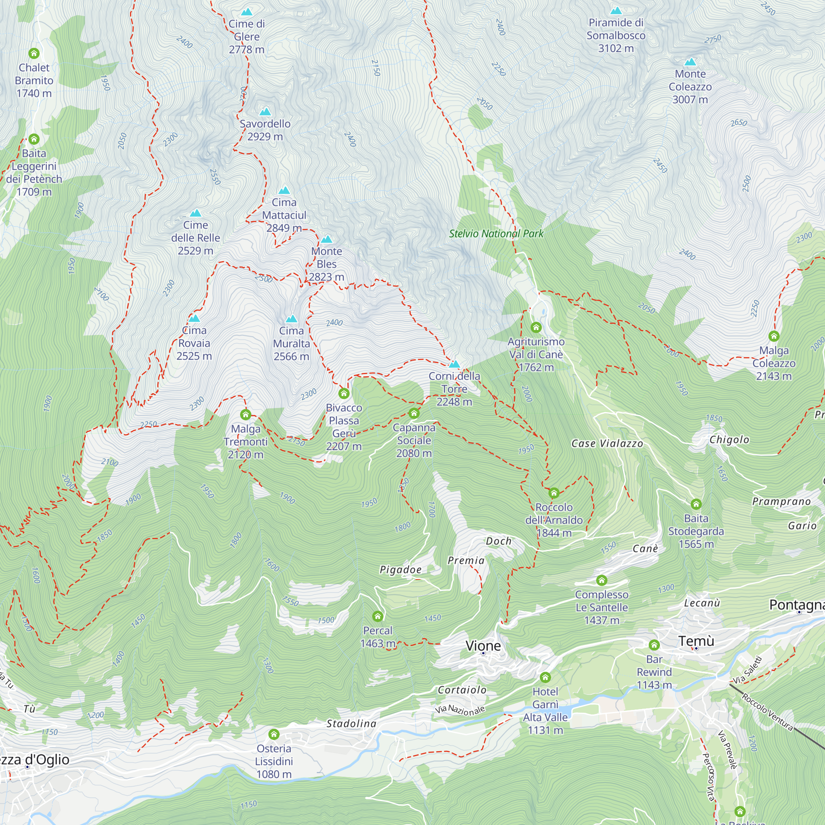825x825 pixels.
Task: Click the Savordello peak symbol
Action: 265,112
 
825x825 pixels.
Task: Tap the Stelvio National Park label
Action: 496,233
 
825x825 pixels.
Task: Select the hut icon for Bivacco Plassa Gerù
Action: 344,393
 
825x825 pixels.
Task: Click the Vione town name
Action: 483,646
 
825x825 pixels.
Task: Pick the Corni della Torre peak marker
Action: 454,364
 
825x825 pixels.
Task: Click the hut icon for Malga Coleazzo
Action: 774,336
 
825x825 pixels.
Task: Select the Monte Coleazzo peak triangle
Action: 690,62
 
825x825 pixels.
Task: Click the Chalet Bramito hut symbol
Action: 34,53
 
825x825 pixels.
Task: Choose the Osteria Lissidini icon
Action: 274,734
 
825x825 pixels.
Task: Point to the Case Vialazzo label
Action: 607,444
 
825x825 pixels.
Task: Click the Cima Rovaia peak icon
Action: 194,318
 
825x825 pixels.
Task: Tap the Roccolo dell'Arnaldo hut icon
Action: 554,493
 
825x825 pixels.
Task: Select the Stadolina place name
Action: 351,724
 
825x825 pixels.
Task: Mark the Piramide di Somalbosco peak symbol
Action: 616,11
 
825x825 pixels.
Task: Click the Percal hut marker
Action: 377,616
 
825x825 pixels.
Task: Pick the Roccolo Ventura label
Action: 767,712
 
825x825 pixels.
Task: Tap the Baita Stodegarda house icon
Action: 696,504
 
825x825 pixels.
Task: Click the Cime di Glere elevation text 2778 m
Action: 246,49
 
